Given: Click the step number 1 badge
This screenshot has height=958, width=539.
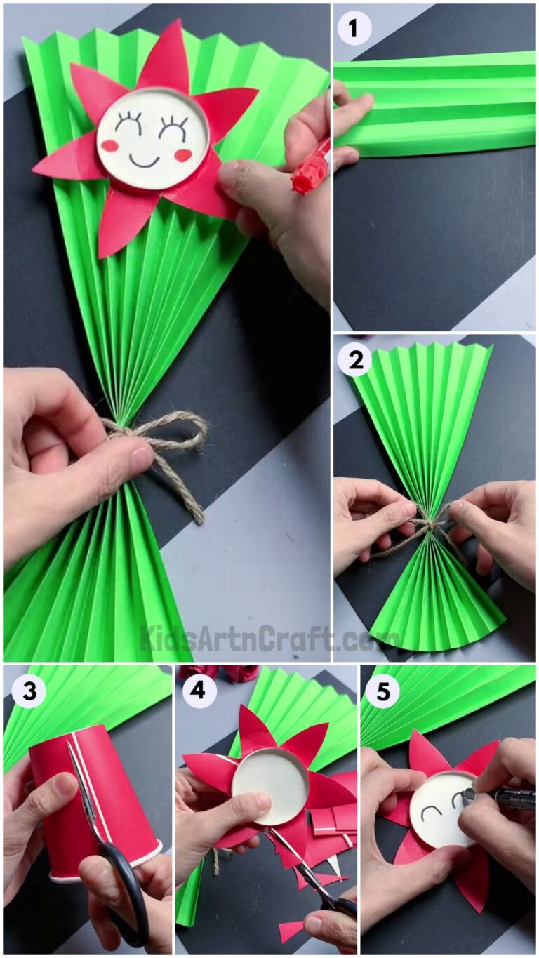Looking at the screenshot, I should [x=354, y=30].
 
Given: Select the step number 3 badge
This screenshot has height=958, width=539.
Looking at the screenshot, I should [x=28, y=691].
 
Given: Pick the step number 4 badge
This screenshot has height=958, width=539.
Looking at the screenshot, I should [x=199, y=691].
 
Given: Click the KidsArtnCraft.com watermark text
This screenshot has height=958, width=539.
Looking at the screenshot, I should [x=270, y=638].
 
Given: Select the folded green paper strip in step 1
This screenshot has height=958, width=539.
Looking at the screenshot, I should [x=435, y=102].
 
